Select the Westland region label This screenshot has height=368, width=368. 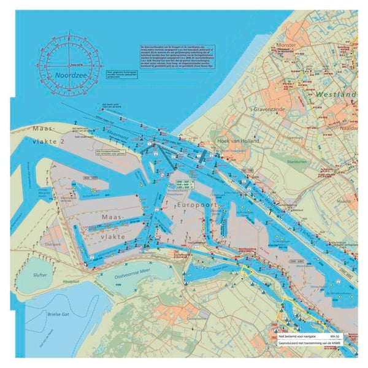[x=337, y=95]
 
